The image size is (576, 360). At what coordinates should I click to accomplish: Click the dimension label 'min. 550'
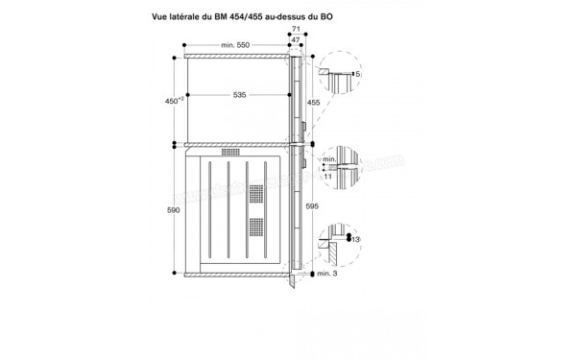pos(235,46)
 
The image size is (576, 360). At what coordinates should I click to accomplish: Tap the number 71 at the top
pos(296,30)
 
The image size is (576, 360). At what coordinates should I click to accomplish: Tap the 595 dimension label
pos(312,205)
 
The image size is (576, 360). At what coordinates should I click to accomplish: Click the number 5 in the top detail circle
pos(356,74)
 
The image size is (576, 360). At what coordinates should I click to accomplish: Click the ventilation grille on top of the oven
pos(231,152)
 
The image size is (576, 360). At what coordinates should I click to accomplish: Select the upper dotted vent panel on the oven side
pos(254,194)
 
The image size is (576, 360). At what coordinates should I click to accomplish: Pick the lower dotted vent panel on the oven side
pos(254,228)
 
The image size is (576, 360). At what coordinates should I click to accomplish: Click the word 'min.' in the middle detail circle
pos(328,157)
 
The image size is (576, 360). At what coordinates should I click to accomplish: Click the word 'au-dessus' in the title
pos(319,16)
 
